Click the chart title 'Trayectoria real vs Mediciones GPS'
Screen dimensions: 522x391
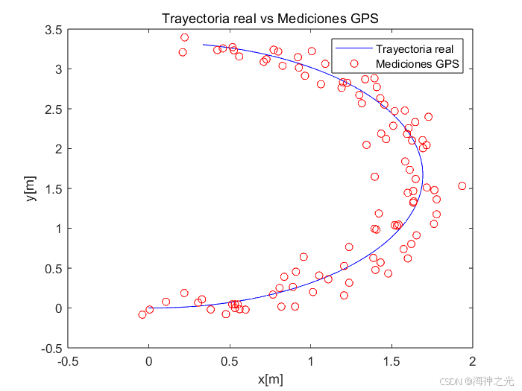pos(270,19)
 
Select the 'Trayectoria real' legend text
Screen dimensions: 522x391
pos(415,49)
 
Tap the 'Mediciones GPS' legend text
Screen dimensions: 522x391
pos(418,63)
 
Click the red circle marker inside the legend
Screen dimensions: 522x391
pos(354,63)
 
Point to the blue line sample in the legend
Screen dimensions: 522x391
pos(354,48)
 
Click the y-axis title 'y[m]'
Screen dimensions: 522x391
pos(31,188)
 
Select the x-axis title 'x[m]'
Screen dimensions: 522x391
pos(270,379)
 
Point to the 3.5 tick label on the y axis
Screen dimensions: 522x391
pos(54,30)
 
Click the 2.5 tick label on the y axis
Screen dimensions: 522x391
pos(54,109)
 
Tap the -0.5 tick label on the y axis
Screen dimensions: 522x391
pos(51,349)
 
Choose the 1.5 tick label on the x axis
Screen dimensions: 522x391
pos(391,361)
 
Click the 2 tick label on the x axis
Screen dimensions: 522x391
pos(472,361)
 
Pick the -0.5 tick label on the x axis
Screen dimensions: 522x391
pos(68,361)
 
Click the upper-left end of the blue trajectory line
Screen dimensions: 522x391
pos(203,45)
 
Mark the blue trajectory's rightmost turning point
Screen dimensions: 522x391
pos(423,175)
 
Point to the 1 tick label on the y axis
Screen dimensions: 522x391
pos(59,229)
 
